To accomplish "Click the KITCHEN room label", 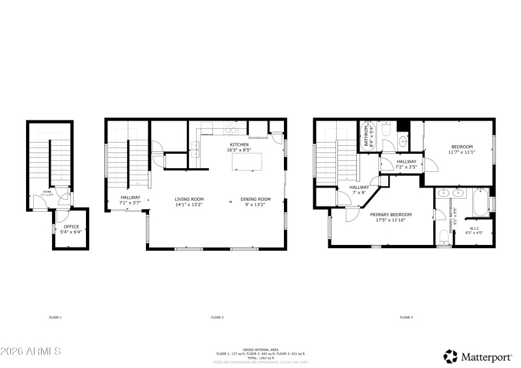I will pyautogui.click(x=238, y=145).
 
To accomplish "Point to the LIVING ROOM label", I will pyautogui.click(x=189, y=199).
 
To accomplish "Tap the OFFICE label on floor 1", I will pyautogui.click(x=71, y=227).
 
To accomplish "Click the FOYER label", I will pyautogui.click(x=46, y=192).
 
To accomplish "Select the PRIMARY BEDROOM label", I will pyautogui.click(x=391, y=215).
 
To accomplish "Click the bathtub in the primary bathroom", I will pyautogui.click(x=480, y=203).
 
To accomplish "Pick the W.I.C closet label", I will pyautogui.click(x=476, y=229).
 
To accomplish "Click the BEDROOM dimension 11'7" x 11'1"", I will pyautogui.click(x=461, y=152).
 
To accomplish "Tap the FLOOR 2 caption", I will pyautogui.click(x=217, y=317).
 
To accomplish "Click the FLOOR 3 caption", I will pyautogui.click(x=406, y=317).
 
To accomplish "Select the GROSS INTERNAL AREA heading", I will pyautogui.click(x=261, y=350).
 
